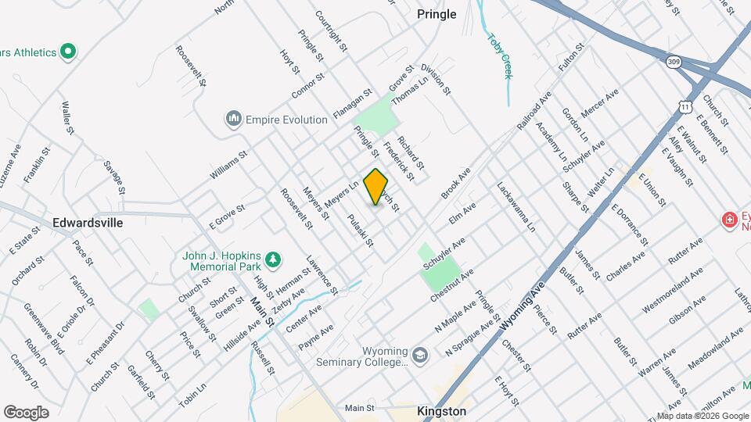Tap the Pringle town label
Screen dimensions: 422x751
point(437,14)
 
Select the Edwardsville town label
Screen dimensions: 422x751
point(88,223)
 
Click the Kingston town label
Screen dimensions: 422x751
point(441,411)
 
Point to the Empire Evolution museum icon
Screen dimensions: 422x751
point(233,120)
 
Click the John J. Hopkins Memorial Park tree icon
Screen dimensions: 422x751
point(272,259)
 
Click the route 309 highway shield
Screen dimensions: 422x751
point(673,60)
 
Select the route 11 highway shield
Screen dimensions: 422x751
point(685,105)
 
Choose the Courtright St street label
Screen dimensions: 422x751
point(330,30)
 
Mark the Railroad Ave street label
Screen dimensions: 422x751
point(534,111)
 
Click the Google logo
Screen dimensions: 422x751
point(27,412)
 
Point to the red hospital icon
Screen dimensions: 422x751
point(730,221)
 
